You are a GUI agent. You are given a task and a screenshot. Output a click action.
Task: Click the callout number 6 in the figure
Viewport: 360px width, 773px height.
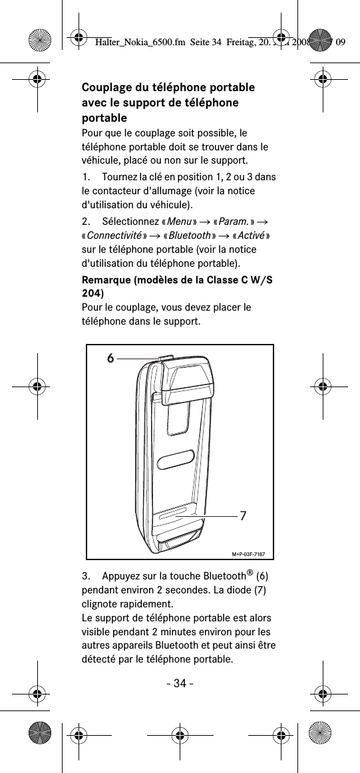[111, 358]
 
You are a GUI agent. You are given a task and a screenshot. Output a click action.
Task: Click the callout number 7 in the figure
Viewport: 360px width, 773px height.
[243, 516]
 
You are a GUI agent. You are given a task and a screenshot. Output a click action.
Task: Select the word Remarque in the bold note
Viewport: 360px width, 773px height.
[106, 280]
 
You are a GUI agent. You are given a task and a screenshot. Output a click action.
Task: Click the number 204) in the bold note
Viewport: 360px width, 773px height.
[92, 293]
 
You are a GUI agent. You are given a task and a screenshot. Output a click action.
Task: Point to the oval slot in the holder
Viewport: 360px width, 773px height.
[177, 460]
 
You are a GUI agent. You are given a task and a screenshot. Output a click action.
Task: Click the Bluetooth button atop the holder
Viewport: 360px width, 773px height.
[166, 358]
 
